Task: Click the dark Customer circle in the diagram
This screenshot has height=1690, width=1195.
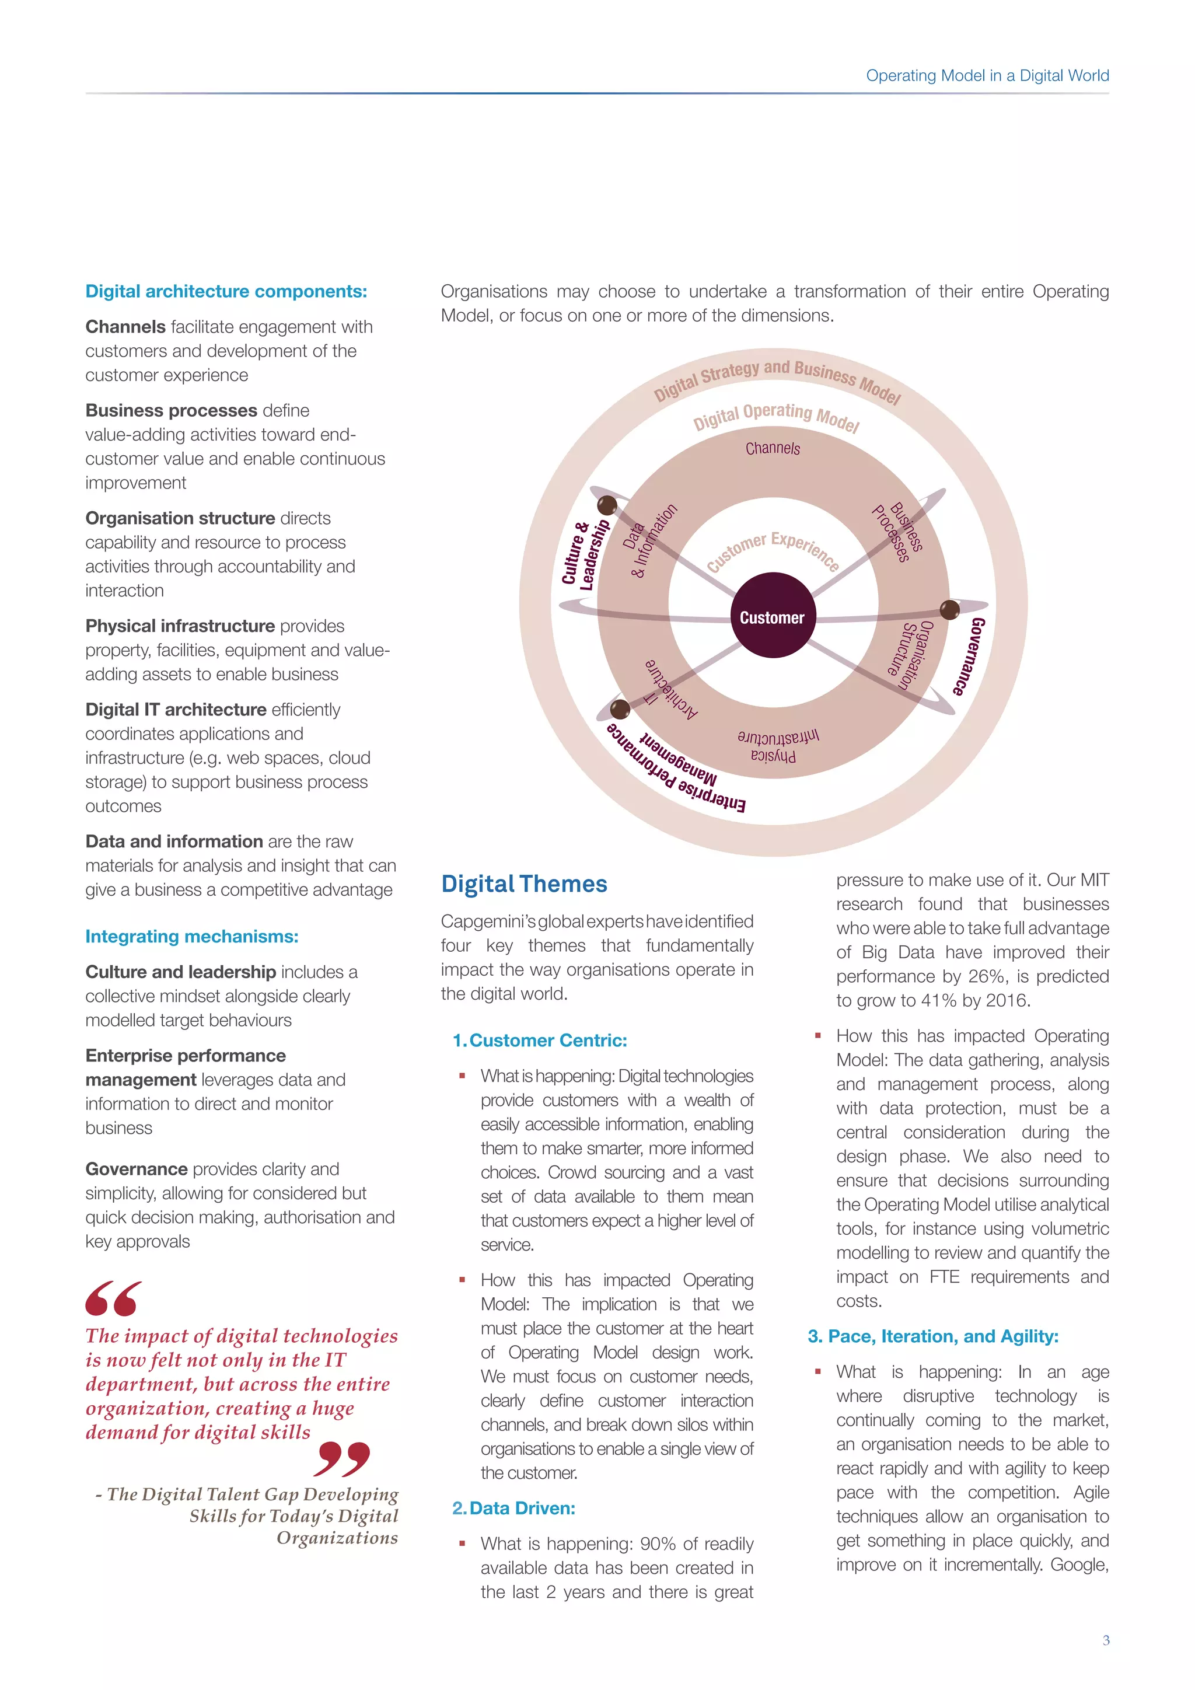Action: (x=772, y=616)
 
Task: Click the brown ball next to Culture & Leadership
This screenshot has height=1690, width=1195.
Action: (x=607, y=505)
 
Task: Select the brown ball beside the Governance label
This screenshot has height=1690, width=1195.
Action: (x=950, y=609)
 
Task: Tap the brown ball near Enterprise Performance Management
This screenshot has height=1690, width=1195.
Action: (x=620, y=709)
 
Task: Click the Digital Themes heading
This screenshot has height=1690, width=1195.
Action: (x=524, y=884)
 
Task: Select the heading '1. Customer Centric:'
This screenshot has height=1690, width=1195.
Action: (x=540, y=1040)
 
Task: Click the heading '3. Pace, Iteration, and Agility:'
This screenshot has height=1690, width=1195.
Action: (x=932, y=1336)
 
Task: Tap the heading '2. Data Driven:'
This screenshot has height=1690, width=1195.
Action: (x=513, y=1508)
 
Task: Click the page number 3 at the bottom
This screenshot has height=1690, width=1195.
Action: (x=1106, y=1640)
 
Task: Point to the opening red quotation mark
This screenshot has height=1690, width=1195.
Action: (x=113, y=1298)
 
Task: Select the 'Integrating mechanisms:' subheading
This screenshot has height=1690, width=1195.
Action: (x=192, y=936)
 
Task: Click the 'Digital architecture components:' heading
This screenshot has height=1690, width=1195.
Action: (x=226, y=291)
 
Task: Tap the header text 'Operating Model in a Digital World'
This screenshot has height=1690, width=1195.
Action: (x=987, y=75)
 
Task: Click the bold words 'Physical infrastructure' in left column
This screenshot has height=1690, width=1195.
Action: (x=180, y=626)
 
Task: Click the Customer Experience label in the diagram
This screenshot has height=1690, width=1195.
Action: (x=773, y=550)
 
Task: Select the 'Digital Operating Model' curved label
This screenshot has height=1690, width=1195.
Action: (x=775, y=417)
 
